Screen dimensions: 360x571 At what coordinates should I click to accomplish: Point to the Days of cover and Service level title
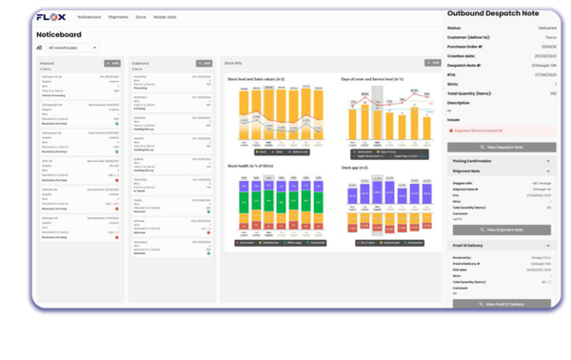coord(372,79)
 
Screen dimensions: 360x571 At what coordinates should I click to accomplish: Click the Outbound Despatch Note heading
coord(499,12)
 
